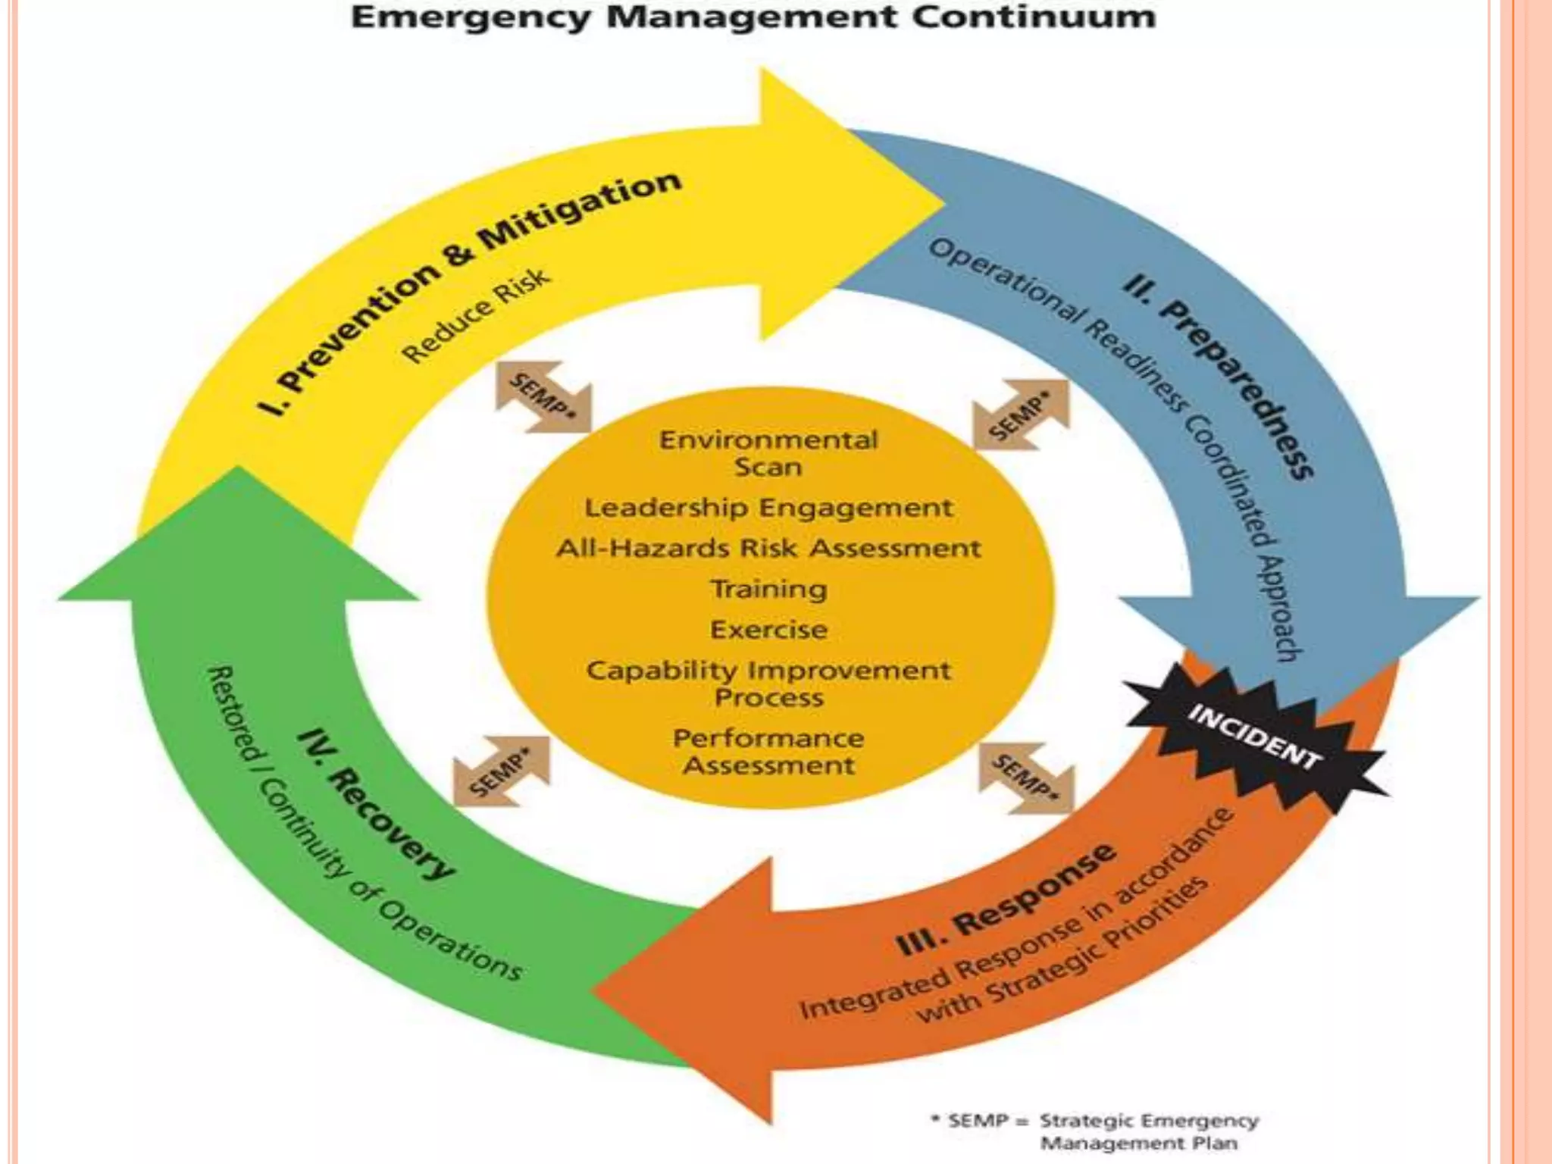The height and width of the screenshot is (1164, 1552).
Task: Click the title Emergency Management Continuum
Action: (753, 17)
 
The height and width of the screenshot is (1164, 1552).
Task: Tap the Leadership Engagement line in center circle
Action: (768, 508)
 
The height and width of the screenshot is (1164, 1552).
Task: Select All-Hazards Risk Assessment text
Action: (768, 548)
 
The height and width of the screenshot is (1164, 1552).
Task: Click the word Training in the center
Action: (768, 589)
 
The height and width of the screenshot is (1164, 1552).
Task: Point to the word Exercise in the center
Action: (768, 629)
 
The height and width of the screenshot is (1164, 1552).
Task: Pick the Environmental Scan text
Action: (768, 453)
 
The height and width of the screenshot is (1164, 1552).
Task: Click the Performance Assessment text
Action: (768, 752)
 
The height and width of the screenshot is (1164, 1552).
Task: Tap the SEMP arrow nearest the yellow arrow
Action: (543, 396)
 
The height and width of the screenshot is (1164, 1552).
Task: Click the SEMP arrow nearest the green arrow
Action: (501, 771)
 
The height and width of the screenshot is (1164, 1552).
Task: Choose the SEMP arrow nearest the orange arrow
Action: (1027, 778)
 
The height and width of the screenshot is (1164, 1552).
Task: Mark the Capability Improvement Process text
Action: (768, 684)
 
